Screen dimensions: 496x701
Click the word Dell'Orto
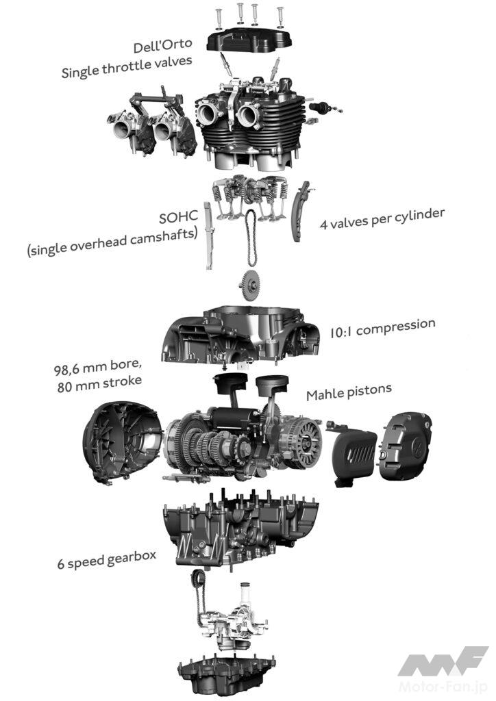[x=163, y=45]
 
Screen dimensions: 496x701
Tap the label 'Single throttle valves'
[x=127, y=66]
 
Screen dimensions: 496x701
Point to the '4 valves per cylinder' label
[x=382, y=218]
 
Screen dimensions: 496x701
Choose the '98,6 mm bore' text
[x=97, y=367]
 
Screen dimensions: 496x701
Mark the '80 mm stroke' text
[x=99, y=383]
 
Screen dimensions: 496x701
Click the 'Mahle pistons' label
[x=349, y=392]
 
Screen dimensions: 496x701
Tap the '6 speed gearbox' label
[x=106, y=559]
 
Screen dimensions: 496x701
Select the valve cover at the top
[x=249, y=38]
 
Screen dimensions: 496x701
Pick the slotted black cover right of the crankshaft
[x=354, y=457]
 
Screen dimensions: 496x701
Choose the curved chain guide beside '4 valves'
[x=300, y=211]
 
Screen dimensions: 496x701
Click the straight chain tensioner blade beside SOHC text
[x=209, y=235]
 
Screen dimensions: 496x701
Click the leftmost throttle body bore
[x=122, y=129]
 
